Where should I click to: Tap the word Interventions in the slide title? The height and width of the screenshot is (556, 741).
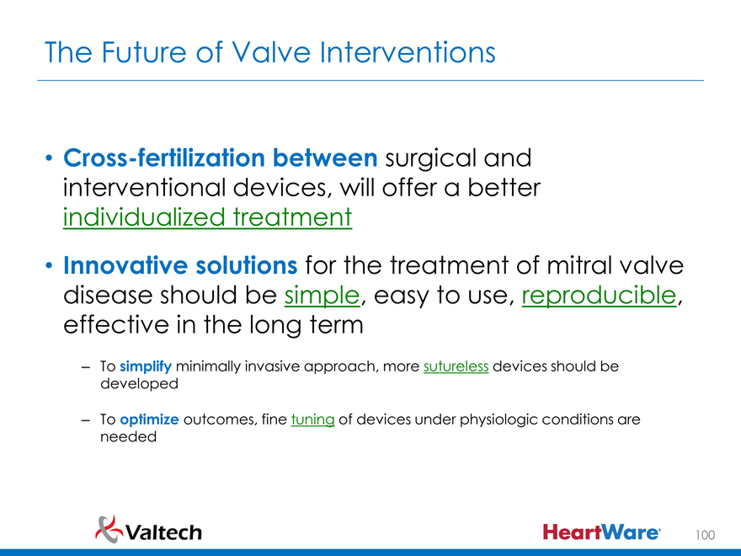click(x=408, y=52)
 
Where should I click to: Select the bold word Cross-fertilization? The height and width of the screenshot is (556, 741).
click(x=164, y=158)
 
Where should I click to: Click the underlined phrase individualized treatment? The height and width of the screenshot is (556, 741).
click(x=207, y=217)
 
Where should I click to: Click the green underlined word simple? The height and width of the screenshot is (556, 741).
click(x=322, y=296)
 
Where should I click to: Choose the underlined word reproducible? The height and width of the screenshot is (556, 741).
click(x=599, y=296)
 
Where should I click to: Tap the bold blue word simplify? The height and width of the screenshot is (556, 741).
click(x=146, y=367)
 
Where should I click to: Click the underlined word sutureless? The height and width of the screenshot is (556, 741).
click(x=456, y=366)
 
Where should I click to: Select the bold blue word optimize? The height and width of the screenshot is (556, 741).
click(x=149, y=420)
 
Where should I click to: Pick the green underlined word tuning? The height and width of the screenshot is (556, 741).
click(x=313, y=420)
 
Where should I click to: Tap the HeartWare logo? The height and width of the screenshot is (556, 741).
click(x=601, y=532)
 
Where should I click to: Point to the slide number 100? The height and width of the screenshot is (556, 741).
click(x=705, y=535)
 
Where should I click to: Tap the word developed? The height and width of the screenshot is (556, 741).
click(x=140, y=384)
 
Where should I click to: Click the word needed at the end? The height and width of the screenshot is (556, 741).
click(x=128, y=436)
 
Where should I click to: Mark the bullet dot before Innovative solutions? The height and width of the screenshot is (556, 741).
click(x=49, y=265)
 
